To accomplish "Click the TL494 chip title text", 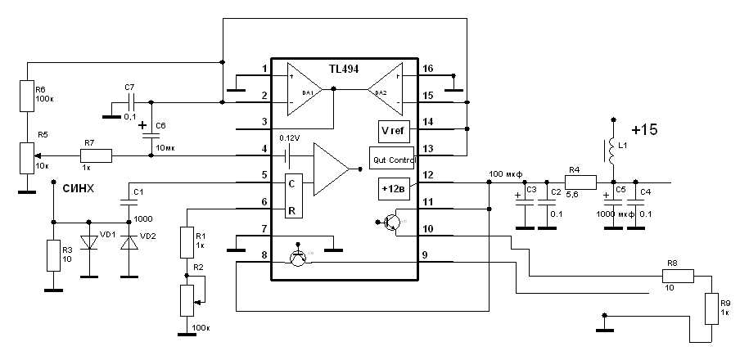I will click(x=343, y=70).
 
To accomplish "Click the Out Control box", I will click(x=394, y=159).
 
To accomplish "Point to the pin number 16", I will click(x=427, y=69).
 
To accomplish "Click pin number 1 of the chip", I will click(x=264, y=69).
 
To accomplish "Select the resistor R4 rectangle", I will click(x=575, y=182).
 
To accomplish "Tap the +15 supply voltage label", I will click(x=645, y=129).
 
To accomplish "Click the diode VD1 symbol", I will click(x=88, y=245).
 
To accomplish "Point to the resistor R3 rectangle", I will click(x=53, y=256).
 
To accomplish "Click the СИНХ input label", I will click(x=79, y=188).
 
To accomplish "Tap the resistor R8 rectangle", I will click(x=678, y=277).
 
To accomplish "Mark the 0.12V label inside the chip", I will click(x=291, y=137).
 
